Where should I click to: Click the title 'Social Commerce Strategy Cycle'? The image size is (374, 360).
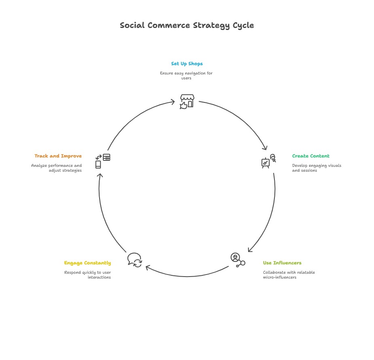pyautogui.click(x=187, y=25)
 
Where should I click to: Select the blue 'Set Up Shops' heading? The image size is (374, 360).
pyautogui.click(x=187, y=64)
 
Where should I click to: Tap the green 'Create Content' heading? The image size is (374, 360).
pyautogui.click(x=310, y=156)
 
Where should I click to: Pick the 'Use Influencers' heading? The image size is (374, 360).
pyautogui.click(x=282, y=263)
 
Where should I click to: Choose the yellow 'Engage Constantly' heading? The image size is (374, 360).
pyautogui.click(x=87, y=263)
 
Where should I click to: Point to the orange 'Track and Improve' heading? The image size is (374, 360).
pyautogui.click(x=58, y=156)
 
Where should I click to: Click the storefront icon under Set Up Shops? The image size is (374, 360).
pyautogui.click(x=187, y=102)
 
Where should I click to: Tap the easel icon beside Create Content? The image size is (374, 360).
pyautogui.click(x=266, y=163)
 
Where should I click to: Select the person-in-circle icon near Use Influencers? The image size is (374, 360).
pyautogui.click(x=235, y=258)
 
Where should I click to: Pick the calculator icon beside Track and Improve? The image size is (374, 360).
pyautogui.click(x=106, y=158)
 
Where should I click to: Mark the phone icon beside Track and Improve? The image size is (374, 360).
pyautogui.click(x=98, y=164)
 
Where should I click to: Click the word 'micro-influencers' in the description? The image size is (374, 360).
pyautogui.click(x=280, y=277)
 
